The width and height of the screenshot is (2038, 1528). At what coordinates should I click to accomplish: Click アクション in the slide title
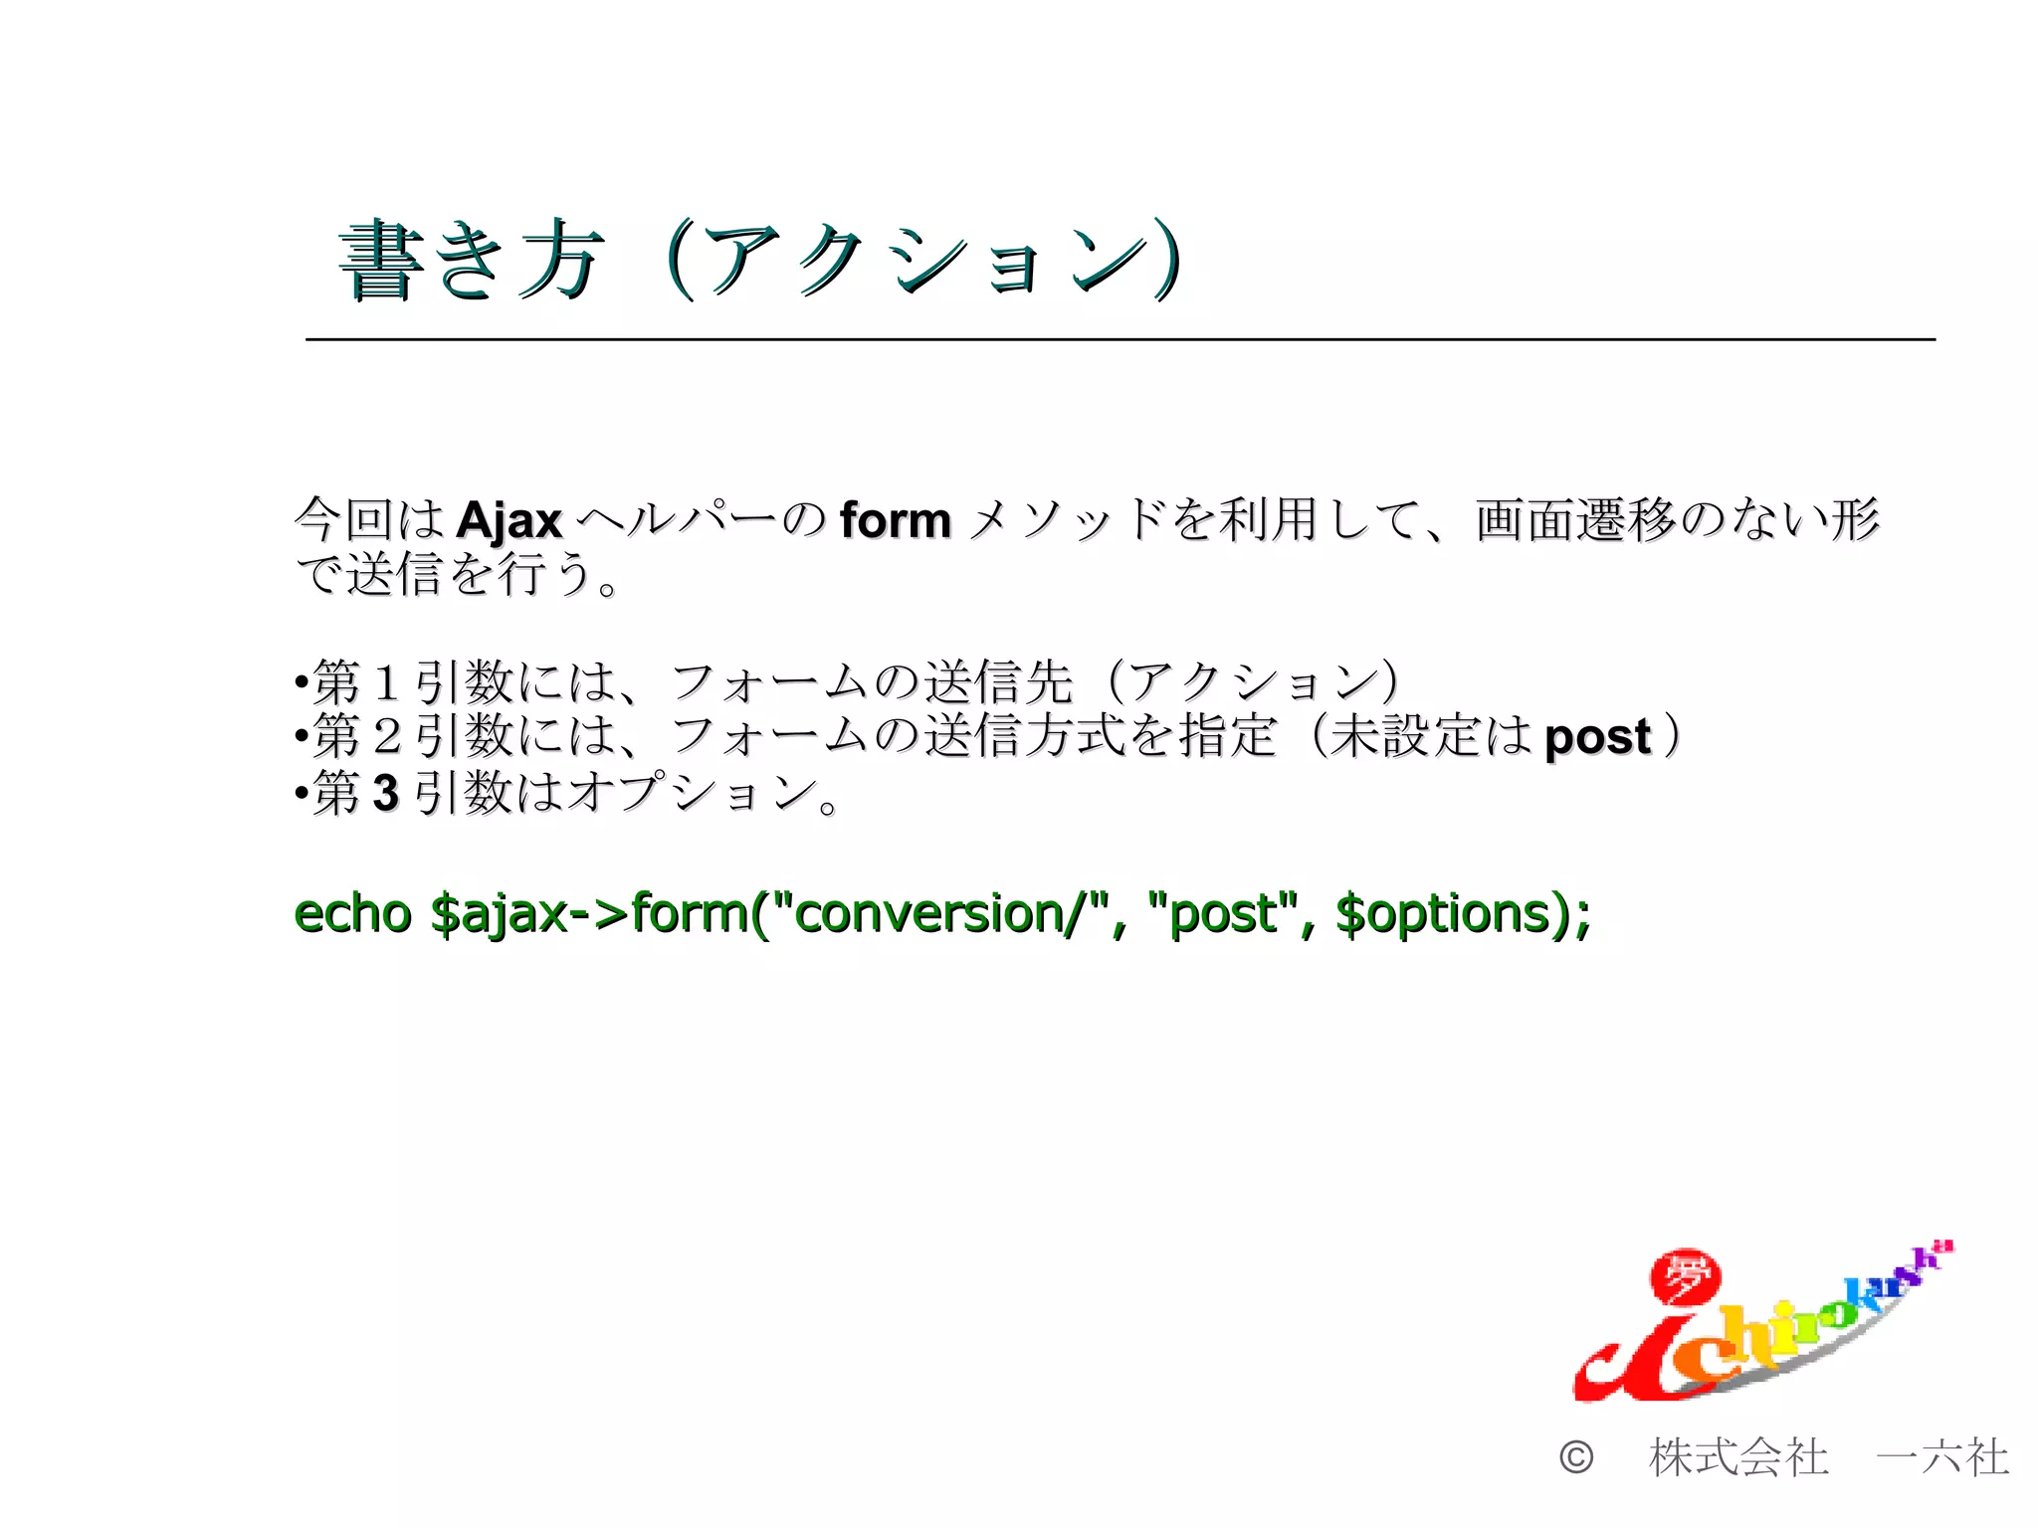(x=925, y=261)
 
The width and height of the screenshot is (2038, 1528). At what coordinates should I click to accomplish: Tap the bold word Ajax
(x=509, y=520)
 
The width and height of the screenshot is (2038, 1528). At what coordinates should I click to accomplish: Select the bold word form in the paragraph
(x=895, y=520)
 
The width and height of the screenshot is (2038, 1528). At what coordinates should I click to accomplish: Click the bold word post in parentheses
(x=1597, y=737)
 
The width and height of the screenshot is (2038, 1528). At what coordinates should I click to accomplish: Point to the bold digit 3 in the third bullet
(x=385, y=794)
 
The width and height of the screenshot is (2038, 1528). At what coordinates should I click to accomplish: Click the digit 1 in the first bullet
(x=386, y=682)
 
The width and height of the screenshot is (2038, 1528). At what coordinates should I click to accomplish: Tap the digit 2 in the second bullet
(x=386, y=737)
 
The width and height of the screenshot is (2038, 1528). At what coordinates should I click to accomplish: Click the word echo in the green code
(x=352, y=913)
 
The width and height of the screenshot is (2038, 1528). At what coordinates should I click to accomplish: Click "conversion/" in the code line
(x=940, y=913)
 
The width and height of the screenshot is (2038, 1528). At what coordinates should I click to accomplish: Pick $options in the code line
(x=1442, y=913)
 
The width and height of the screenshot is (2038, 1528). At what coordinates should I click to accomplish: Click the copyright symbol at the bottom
(x=1575, y=1457)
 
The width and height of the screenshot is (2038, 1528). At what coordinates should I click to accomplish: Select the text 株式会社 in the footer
(x=1738, y=1457)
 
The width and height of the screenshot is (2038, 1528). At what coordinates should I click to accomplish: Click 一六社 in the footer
(x=1941, y=1457)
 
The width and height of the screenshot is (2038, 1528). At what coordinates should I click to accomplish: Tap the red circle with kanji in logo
(x=1685, y=1279)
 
